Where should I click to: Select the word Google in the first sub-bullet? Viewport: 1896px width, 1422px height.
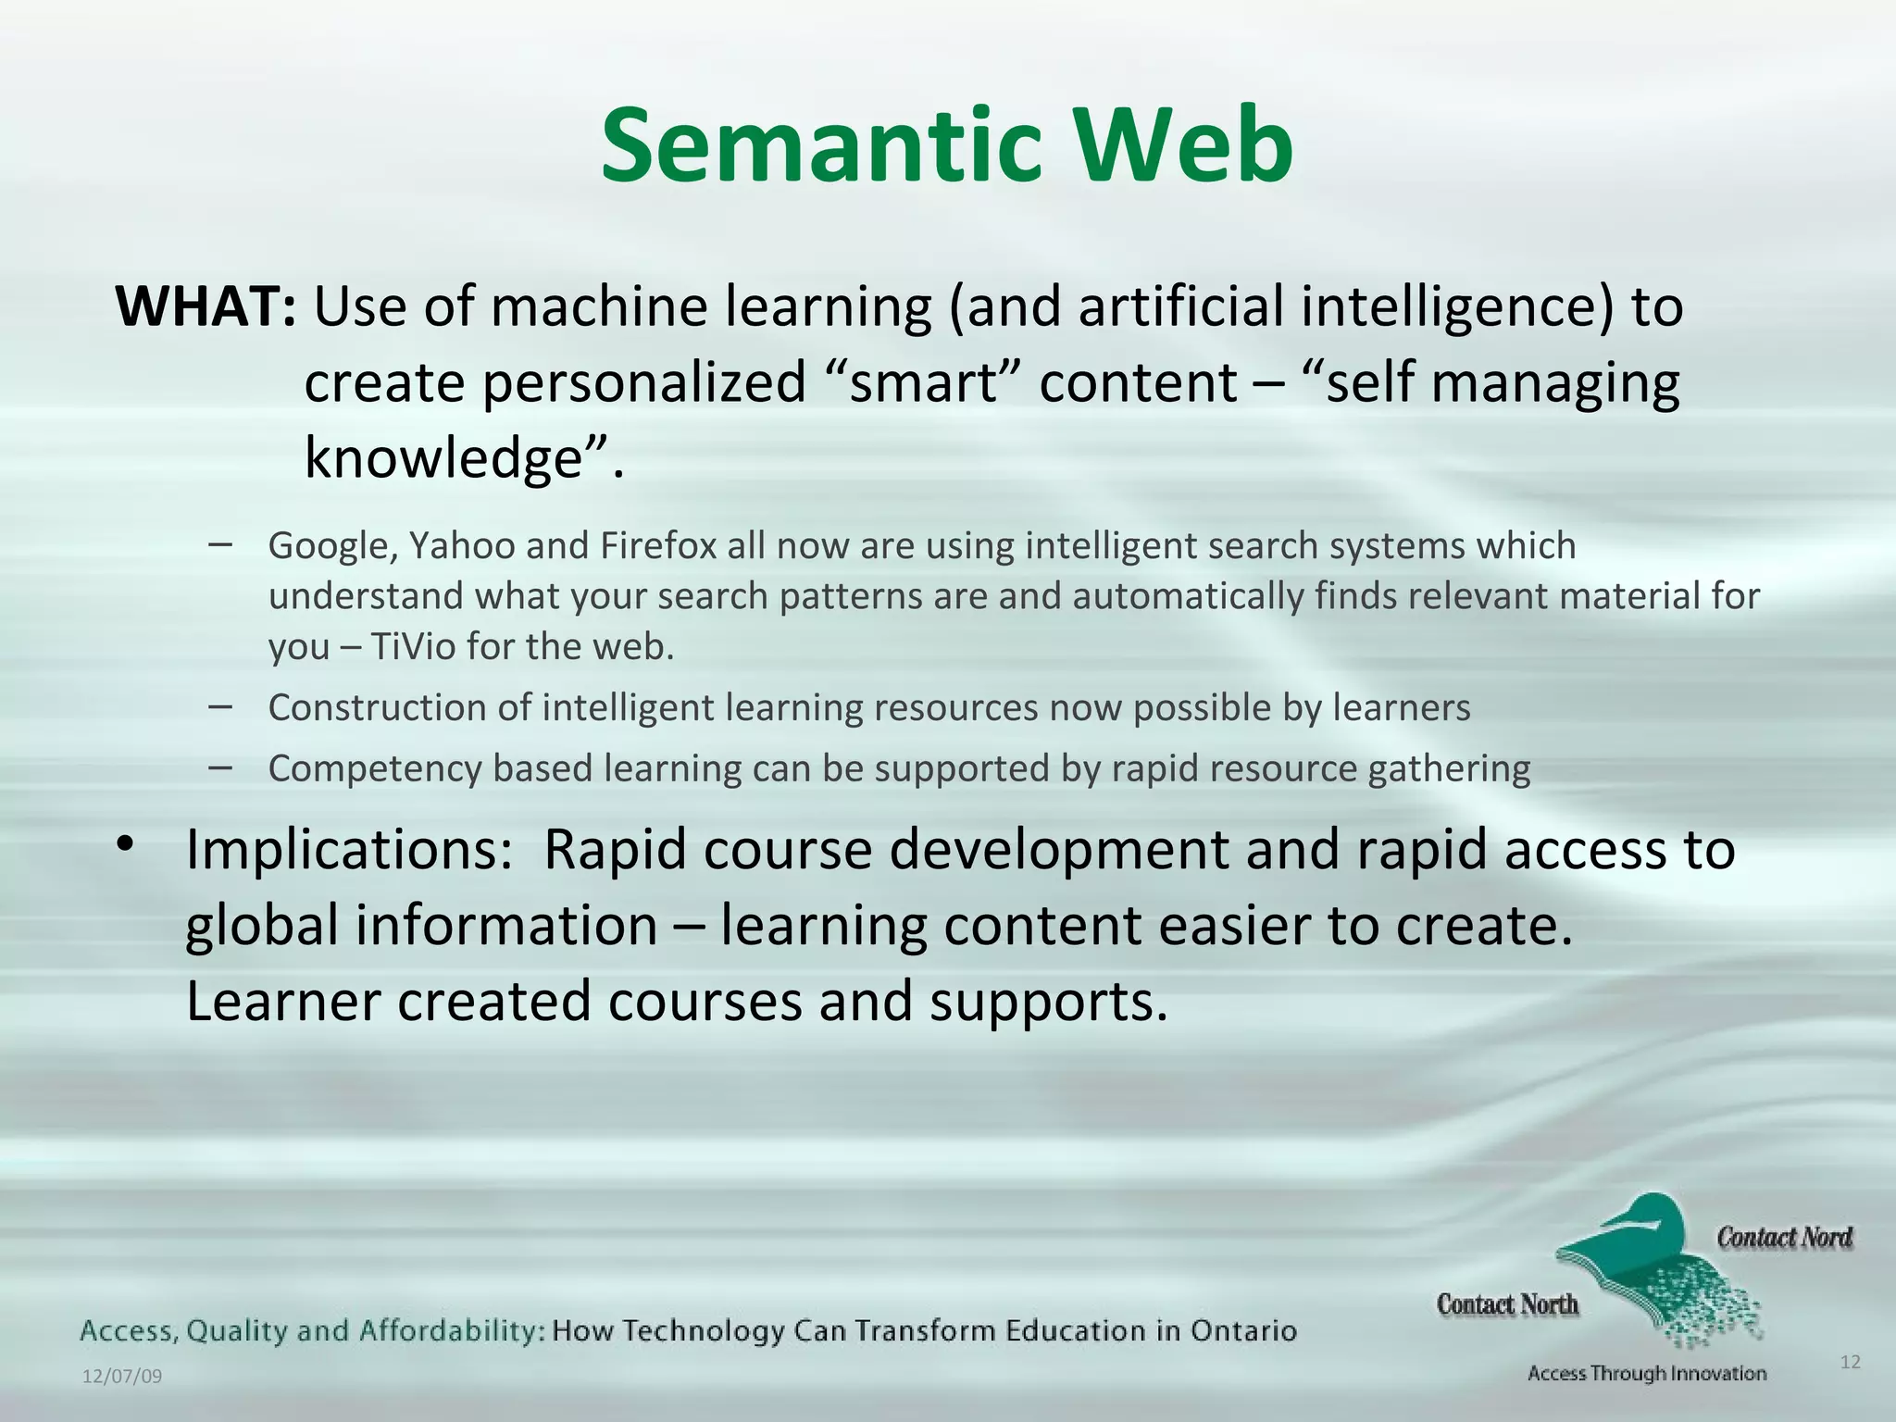(x=332, y=546)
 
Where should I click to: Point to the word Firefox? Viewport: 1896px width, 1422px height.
(x=658, y=546)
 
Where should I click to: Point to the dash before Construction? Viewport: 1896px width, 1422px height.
(x=220, y=706)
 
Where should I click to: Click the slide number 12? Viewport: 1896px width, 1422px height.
(x=1850, y=1362)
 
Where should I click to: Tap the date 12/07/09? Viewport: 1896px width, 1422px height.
(x=122, y=1377)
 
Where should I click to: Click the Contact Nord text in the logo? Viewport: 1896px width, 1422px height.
(x=1784, y=1238)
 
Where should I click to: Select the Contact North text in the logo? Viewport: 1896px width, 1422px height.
(x=1507, y=1304)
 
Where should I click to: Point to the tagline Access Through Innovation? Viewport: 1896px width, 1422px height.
(x=1647, y=1374)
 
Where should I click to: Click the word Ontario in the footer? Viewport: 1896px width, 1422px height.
(x=1243, y=1331)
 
